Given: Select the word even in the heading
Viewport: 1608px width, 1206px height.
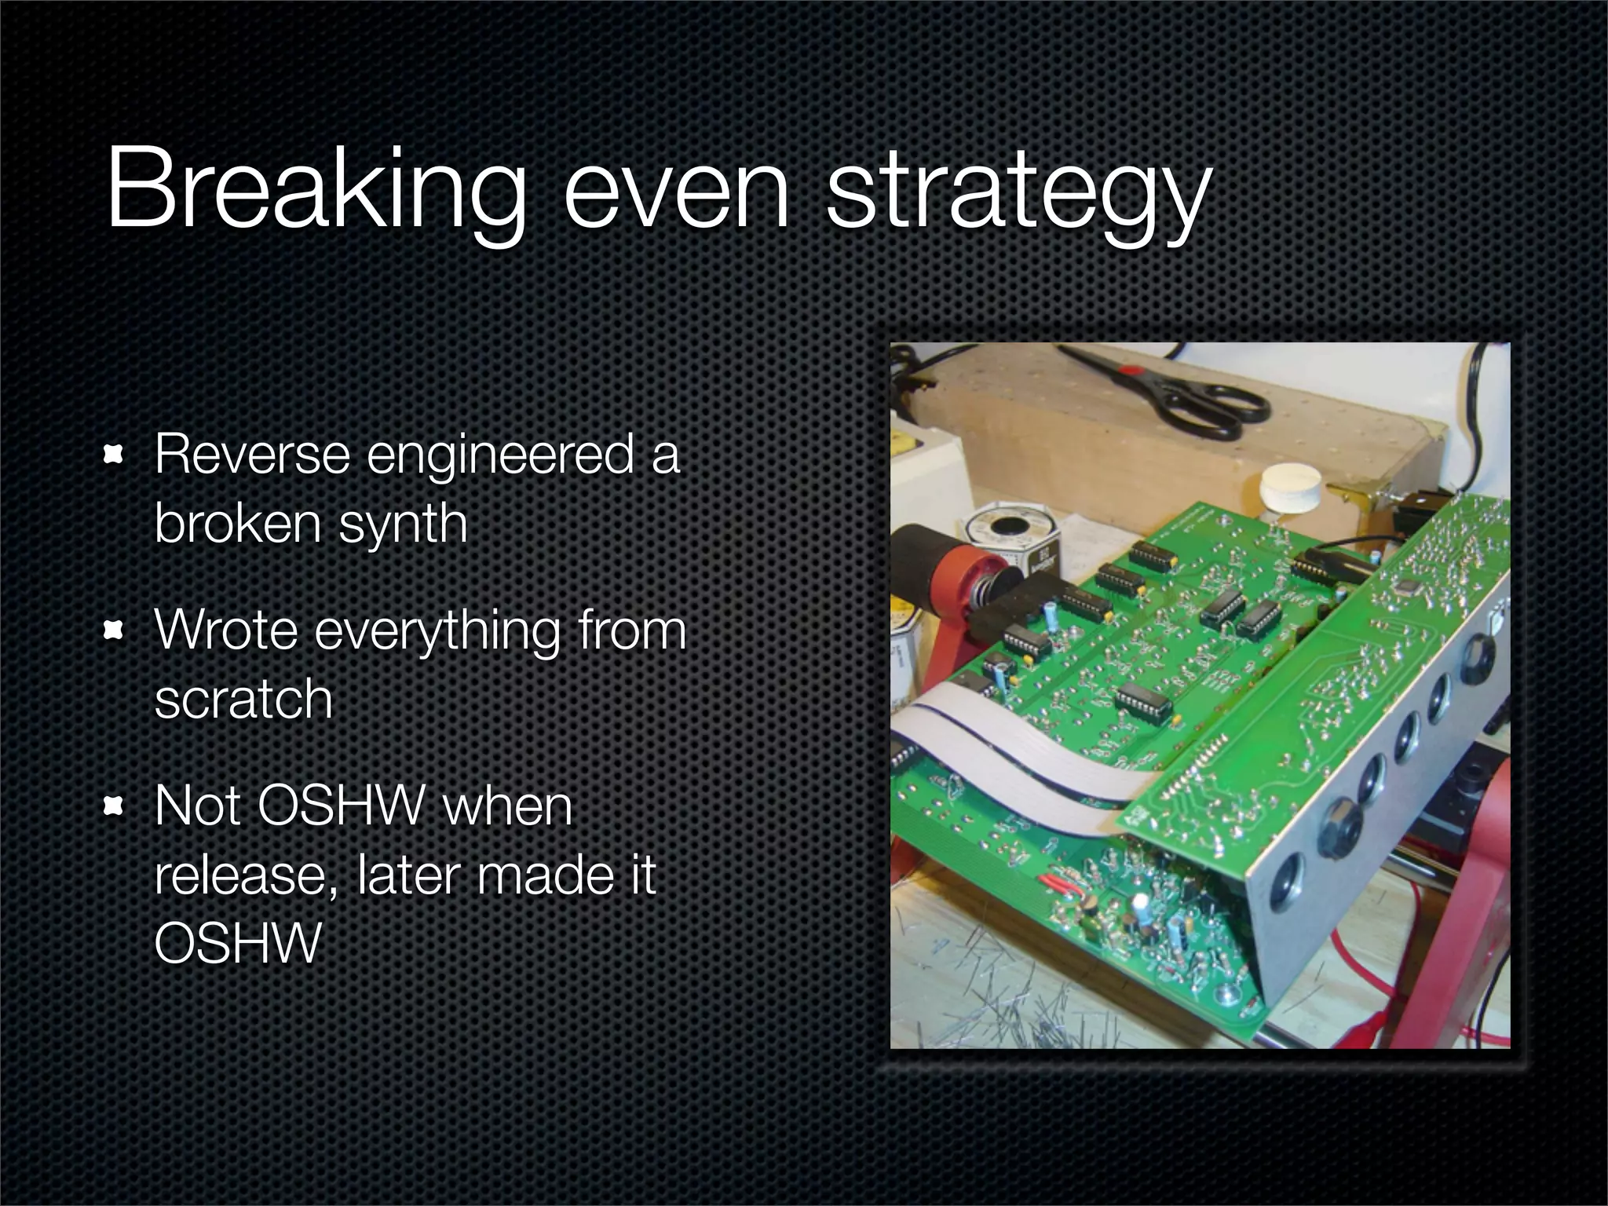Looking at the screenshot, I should coord(675,192).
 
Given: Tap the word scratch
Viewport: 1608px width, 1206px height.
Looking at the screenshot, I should coord(243,699).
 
